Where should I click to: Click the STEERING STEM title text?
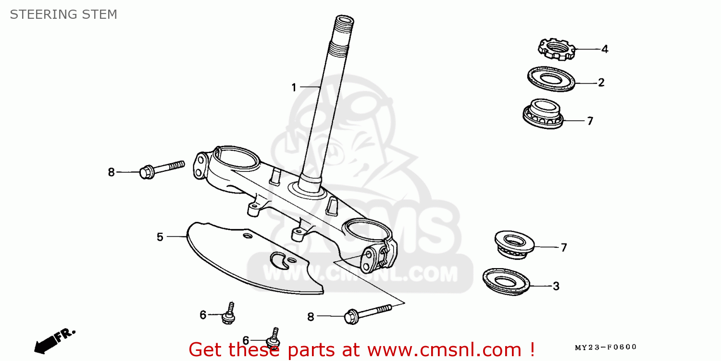pos(63,14)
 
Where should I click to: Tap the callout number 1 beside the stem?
pos(294,88)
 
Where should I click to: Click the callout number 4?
pos(605,49)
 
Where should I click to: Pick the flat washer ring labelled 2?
pos(551,79)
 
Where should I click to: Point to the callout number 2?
pos(601,83)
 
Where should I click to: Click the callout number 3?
pos(556,286)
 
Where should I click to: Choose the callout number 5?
pos(160,237)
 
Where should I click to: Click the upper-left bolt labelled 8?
pos(162,168)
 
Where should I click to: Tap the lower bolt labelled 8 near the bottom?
pos(367,313)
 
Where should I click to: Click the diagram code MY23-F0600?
pos(606,347)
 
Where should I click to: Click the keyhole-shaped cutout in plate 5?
pos(279,260)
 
